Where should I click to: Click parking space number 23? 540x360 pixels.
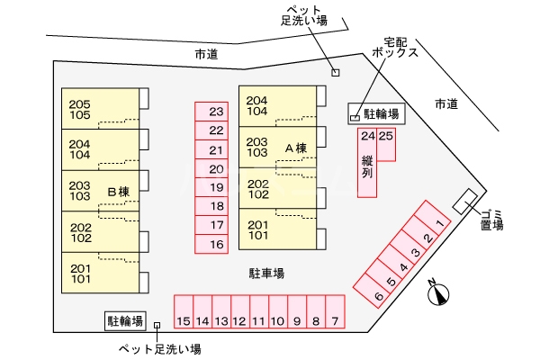pyautogui.click(x=216, y=112)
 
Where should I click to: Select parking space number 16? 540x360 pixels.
pyautogui.click(x=216, y=244)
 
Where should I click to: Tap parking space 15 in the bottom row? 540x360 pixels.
pyautogui.click(x=183, y=320)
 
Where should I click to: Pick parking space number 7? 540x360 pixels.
pyautogui.click(x=334, y=320)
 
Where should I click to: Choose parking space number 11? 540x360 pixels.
pyautogui.click(x=258, y=320)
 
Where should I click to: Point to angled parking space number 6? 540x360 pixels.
pyautogui.click(x=379, y=296)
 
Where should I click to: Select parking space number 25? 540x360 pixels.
pyautogui.click(x=386, y=137)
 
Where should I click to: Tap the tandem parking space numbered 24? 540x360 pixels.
pyautogui.click(x=367, y=137)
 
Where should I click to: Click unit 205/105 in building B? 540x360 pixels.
pyautogui.click(x=81, y=109)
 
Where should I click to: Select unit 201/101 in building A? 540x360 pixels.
pyautogui.click(x=259, y=230)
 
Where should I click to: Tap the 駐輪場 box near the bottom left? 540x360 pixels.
pyautogui.click(x=125, y=320)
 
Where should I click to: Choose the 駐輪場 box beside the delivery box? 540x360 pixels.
pyautogui.click(x=382, y=114)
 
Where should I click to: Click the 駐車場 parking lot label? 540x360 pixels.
pyautogui.click(x=266, y=273)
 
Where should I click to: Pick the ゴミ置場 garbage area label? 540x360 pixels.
pyautogui.click(x=491, y=218)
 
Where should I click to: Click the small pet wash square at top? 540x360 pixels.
pyautogui.click(x=336, y=73)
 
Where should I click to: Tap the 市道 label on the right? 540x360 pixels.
pyautogui.click(x=445, y=104)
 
